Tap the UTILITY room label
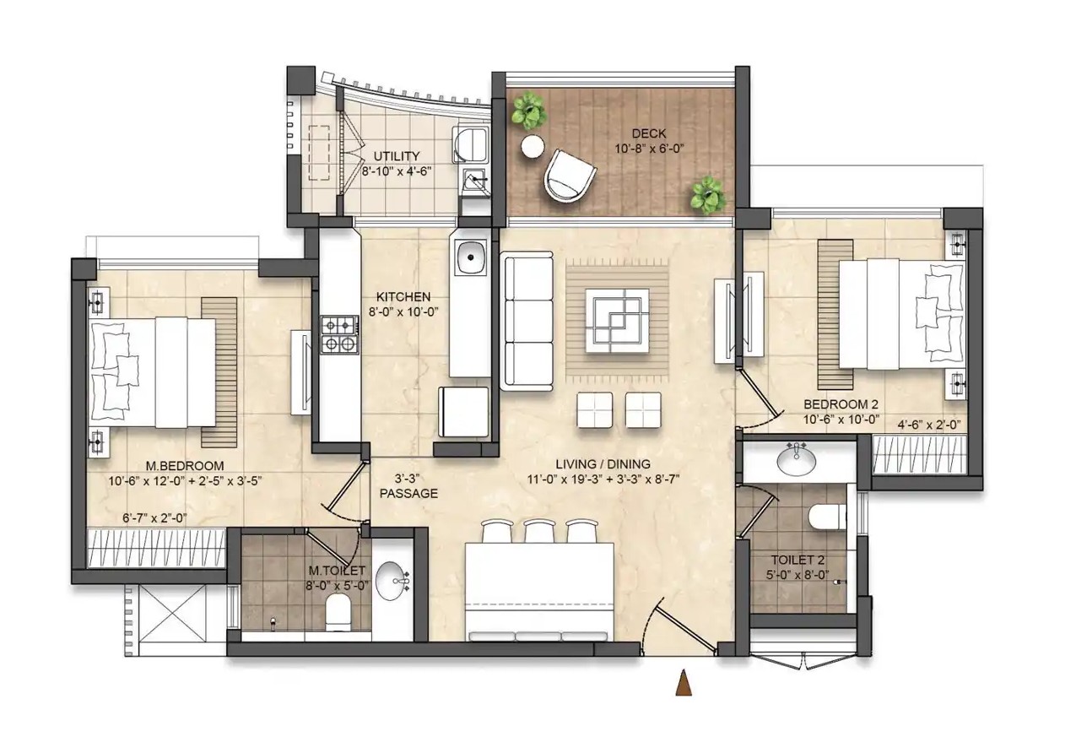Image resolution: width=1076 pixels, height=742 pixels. tap(397, 156)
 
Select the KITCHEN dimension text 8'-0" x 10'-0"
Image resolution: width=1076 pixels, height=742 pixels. tap(403, 311)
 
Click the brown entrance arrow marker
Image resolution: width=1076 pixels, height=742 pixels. tap(683, 682)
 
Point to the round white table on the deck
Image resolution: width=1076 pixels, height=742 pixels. tap(533, 146)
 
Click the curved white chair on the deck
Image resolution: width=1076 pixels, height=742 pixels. tap(569, 176)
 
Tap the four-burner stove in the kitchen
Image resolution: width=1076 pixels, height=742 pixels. tap(339, 335)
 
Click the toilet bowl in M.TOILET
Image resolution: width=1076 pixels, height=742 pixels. tap(338, 613)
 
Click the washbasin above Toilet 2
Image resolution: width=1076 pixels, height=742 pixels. tap(796, 460)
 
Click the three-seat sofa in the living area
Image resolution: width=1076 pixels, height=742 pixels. tap(527, 321)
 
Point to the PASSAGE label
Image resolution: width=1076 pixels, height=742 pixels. tap(408, 493)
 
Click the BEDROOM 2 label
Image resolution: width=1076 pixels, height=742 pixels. tap(841, 404)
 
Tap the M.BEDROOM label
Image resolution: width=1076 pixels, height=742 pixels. tap(185, 466)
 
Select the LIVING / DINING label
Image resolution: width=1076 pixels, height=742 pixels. tap(603, 464)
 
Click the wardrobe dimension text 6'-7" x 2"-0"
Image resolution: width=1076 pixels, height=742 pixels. tap(154, 517)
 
